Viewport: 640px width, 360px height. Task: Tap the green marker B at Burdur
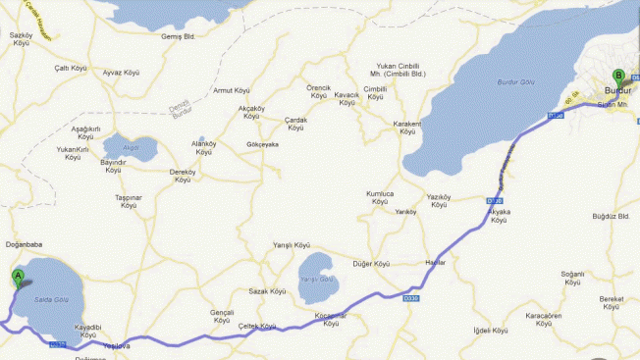tap(618, 76)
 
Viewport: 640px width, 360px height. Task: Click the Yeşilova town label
tap(117, 345)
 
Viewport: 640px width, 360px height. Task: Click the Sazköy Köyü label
tap(22, 38)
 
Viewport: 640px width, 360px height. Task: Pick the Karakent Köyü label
tap(407, 128)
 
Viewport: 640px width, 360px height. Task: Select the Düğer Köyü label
tap(371, 264)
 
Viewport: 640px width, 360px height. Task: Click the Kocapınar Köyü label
tap(331, 319)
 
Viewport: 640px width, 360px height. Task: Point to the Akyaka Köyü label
tap(500, 215)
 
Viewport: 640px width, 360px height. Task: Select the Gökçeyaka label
tap(263, 144)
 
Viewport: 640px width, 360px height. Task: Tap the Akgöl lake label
tap(131, 148)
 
